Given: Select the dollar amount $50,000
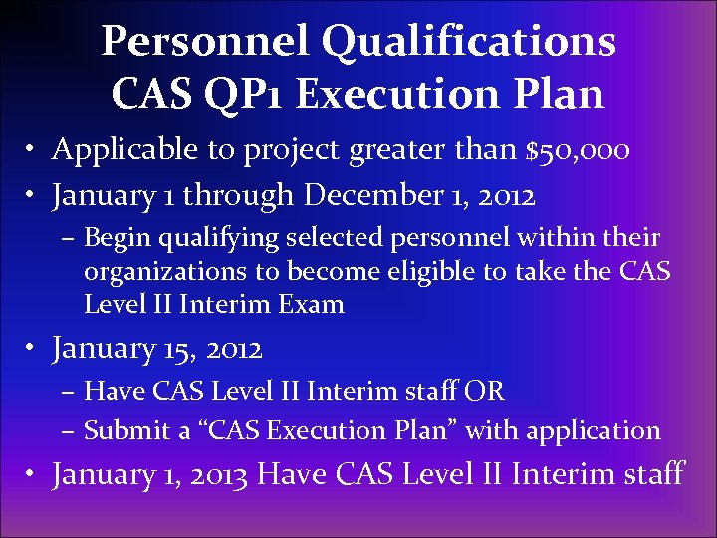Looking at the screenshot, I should pyautogui.click(x=578, y=149).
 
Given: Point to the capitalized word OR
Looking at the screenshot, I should pyautogui.click(x=484, y=391).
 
